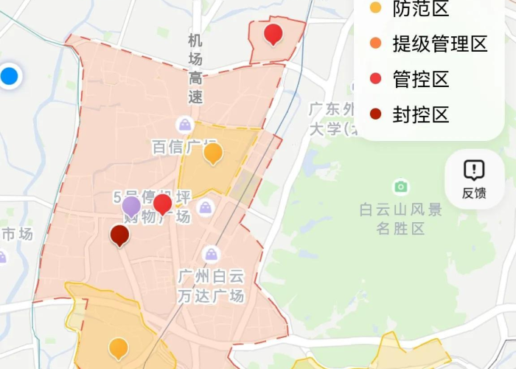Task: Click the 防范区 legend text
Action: pos(420,9)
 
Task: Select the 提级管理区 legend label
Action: pos(439,44)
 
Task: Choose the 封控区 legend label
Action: pos(420,115)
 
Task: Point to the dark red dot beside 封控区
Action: pos(375,114)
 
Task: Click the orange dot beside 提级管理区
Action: pos(375,44)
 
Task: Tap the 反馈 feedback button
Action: pos(474,179)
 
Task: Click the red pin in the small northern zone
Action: pos(273,34)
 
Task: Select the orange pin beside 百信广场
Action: pos(213,153)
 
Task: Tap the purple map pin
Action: pos(131,207)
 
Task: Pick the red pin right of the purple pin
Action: pos(162,204)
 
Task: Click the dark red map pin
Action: pos(119,235)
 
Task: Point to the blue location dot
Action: pos(10,75)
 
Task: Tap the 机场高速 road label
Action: pos(195,68)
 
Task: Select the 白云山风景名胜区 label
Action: pos(400,219)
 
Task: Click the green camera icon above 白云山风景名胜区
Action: pos(401,186)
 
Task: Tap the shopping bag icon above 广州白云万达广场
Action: pos(212,255)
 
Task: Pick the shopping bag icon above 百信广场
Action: pos(184,124)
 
